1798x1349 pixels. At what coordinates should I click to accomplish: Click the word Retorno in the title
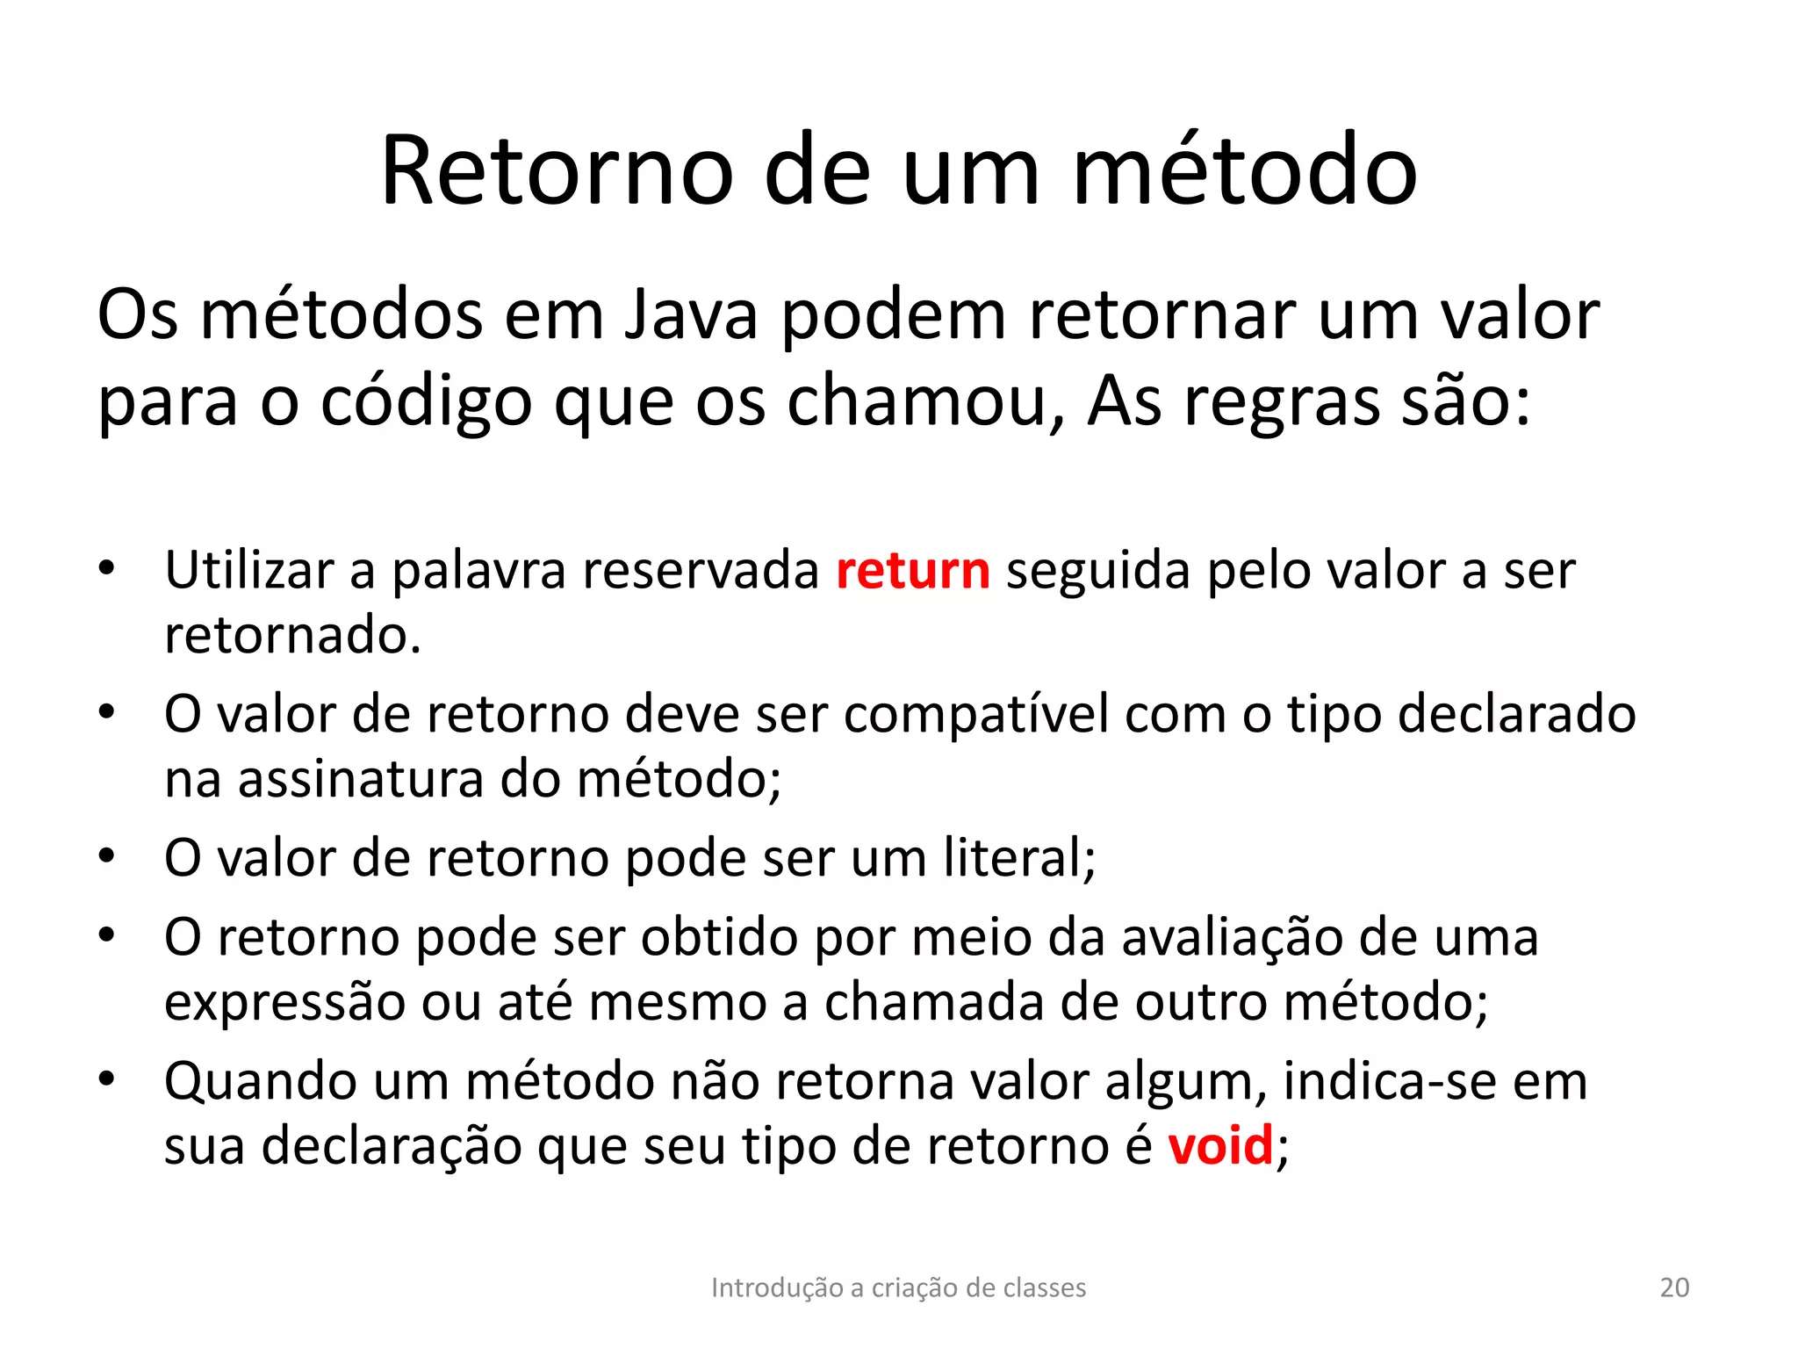point(556,171)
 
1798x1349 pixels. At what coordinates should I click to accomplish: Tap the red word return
point(913,571)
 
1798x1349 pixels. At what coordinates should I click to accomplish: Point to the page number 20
point(1674,1288)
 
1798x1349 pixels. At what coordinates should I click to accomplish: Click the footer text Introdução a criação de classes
point(898,1288)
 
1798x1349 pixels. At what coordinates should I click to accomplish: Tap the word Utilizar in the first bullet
point(248,571)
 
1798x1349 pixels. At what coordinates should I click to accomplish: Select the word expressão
point(284,1002)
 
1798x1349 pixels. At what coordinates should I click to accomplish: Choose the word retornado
point(292,635)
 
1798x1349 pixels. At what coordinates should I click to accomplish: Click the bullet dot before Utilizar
point(106,568)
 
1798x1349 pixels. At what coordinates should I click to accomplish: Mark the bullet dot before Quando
point(106,1078)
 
